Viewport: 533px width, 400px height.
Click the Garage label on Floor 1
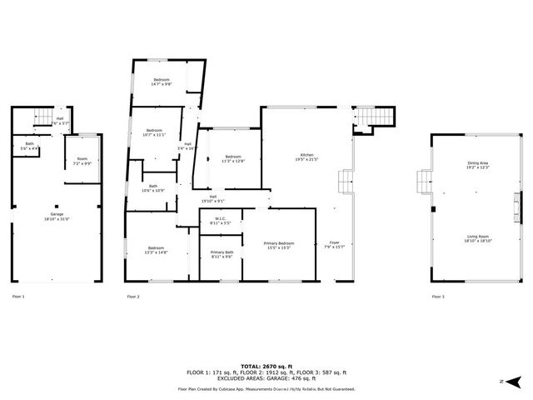[x=57, y=217]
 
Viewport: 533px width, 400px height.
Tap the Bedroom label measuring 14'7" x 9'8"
[x=161, y=81]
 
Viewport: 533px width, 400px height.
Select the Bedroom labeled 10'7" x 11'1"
[x=156, y=132]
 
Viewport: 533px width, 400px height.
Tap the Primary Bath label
[x=222, y=254]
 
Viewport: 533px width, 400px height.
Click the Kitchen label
[x=307, y=158]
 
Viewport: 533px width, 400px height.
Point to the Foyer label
[x=334, y=243]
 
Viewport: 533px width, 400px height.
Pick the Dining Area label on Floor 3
[x=478, y=166]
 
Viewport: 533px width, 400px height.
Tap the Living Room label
[x=478, y=238]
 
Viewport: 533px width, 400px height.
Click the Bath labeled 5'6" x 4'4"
[x=29, y=146]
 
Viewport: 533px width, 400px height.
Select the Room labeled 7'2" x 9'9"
[x=82, y=161]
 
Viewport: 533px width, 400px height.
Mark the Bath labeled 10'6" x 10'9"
[x=152, y=188]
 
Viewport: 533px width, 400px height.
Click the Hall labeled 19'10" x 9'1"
[x=190, y=199]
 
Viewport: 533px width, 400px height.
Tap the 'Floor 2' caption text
[x=133, y=297]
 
